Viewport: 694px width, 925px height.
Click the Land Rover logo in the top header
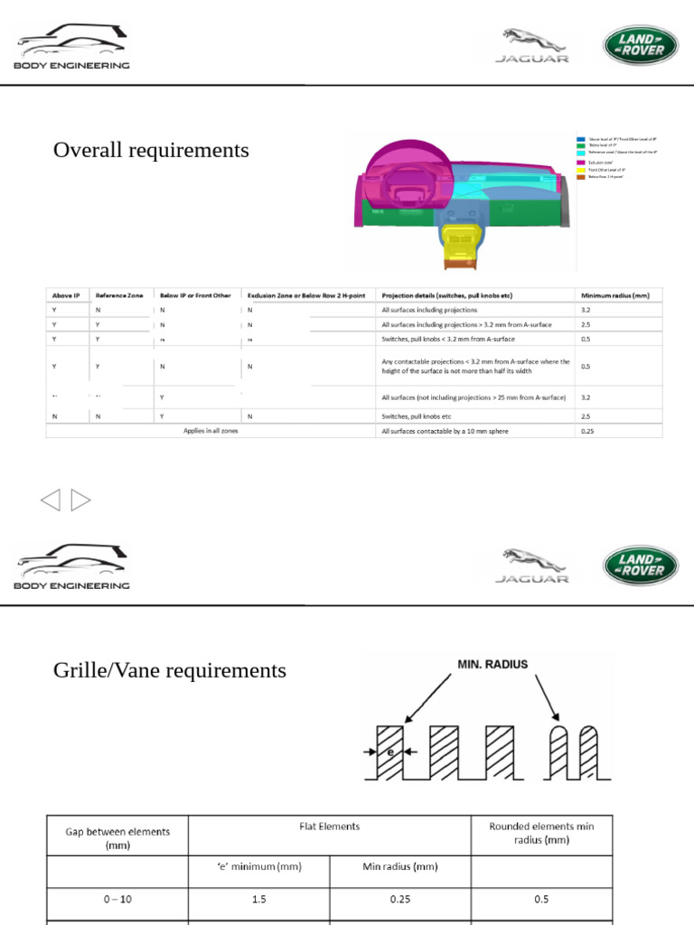point(639,44)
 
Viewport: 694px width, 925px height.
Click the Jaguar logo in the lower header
point(532,565)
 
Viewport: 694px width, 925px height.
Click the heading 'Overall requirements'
point(151,150)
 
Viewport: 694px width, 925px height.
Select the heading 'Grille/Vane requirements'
point(170,670)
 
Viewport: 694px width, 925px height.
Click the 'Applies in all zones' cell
point(211,431)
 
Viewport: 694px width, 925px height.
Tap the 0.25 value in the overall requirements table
point(589,431)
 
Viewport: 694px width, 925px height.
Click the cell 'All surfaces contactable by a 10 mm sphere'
point(445,431)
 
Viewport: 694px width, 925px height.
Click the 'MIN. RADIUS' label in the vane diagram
point(492,664)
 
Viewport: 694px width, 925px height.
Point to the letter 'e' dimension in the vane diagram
point(390,752)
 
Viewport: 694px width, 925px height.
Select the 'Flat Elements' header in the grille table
point(329,827)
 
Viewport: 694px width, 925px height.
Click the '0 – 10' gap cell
point(117,900)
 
